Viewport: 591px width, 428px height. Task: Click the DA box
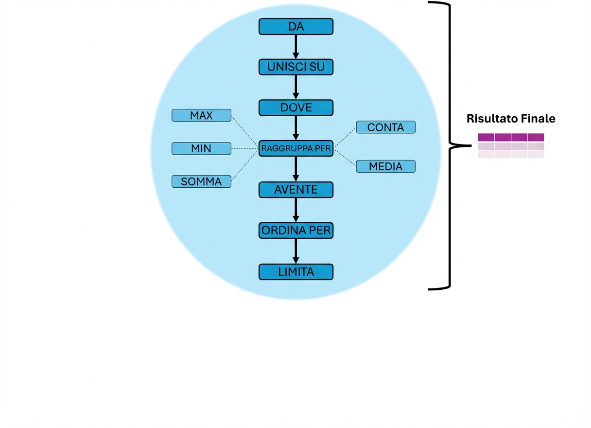tap(295, 27)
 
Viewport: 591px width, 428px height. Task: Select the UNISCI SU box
tap(295, 67)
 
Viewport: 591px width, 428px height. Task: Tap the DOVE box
tap(295, 107)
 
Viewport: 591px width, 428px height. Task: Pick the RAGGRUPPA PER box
tap(295, 148)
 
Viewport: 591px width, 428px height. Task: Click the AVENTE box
tap(295, 190)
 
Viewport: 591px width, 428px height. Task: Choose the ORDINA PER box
tap(295, 231)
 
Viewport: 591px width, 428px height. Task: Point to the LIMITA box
tap(295, 272)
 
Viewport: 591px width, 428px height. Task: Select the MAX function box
tap(201, 116)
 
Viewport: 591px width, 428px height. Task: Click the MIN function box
tap(201, 148)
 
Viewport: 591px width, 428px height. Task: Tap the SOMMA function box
tap(201, 181)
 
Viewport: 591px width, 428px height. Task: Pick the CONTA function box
tap(385, 127)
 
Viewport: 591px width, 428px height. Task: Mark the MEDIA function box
tap(385, 166)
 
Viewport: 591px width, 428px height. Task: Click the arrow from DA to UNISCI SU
tap(295, 47)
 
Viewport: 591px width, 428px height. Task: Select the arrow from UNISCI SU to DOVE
tap(295, 87)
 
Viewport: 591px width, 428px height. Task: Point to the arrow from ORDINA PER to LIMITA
tap(295, 251)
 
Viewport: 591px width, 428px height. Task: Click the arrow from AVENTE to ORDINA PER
tap(295, 210)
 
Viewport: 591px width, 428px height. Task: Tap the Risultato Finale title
tap(511, 119)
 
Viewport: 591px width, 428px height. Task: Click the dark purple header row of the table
tap(511, 137)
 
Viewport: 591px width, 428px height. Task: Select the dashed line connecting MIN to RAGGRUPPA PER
tap(244, 148)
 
